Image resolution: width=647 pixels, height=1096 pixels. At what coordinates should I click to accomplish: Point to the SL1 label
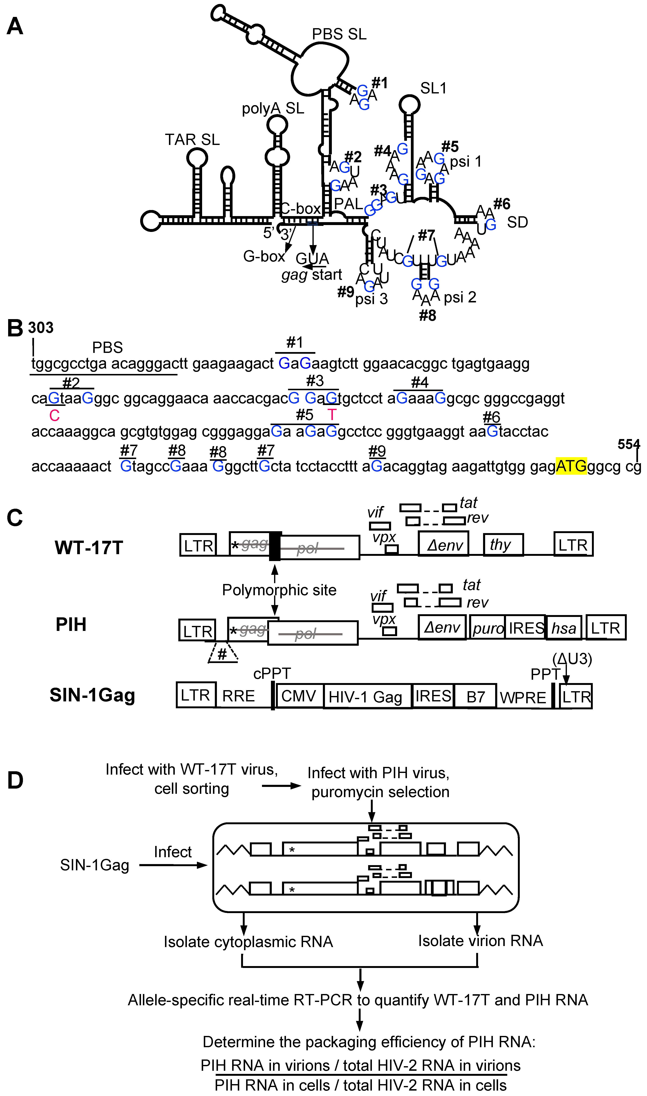(x=433, y=88)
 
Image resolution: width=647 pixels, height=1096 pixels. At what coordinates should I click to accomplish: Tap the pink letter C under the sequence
(x=54, y=415)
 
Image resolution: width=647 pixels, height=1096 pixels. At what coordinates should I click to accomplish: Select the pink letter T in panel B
(x=332, y=415)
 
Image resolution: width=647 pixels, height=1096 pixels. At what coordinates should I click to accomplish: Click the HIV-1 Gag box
(x=365, y=697)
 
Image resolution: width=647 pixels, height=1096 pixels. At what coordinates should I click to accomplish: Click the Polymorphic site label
(x=279, y=590)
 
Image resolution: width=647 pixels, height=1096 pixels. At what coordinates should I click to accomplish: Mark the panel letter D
(x=15, y=780)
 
